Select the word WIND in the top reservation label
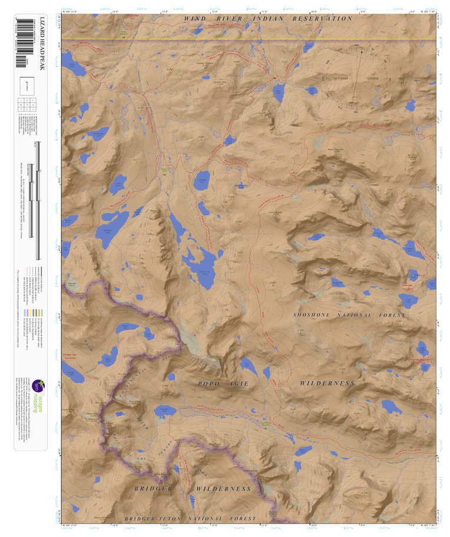point(194,19)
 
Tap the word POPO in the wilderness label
point(208,383)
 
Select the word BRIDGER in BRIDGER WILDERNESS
point(153,489)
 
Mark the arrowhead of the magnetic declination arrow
point(362,51)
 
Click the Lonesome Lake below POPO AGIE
point(165,410)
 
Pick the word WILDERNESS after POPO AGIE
point(327,383)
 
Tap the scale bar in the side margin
point(38,200)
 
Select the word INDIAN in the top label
point(269,19)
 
